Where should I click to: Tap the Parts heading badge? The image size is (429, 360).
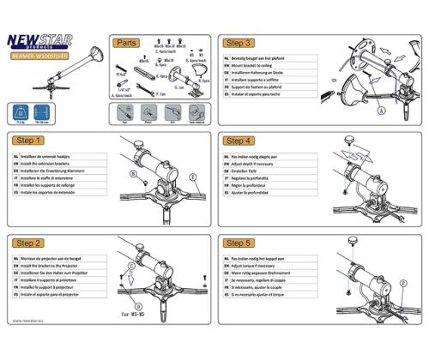pos(126,42)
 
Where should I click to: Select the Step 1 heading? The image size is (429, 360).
pos(29,140)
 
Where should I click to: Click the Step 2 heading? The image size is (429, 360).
pos(29,244)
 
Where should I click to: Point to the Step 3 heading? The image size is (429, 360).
pos(238,42)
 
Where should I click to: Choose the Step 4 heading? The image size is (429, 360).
pos(238,140)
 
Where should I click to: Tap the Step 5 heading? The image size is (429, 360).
pos(238,244)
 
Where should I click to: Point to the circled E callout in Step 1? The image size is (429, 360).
pos(194,177)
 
